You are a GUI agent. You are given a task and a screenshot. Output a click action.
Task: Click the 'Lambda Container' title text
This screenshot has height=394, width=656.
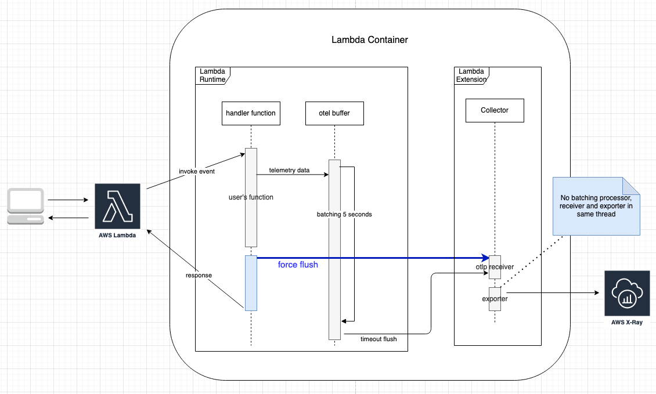tap(369, 40)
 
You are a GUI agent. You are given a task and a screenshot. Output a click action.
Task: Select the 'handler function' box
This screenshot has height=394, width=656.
tap(251, 113)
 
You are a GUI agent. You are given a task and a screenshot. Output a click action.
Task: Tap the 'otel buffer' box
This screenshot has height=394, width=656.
tap(335, 113)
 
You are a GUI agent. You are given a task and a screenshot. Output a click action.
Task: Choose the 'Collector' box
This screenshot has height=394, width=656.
tap(495, 110)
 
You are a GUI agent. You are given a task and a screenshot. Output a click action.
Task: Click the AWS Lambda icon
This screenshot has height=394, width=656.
tap(117, 207)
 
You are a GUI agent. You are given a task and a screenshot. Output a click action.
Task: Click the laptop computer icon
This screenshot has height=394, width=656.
tap(26, 207)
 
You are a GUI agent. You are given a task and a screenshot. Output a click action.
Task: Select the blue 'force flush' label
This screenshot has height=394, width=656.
tap(298, 265)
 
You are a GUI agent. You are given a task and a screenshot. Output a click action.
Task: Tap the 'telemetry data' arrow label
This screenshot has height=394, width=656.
tap(289, 171)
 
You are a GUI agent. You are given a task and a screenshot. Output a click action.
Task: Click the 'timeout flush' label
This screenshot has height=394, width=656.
tap(379, 339)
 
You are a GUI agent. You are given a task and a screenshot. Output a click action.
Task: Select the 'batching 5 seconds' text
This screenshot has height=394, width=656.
tap(344, 214)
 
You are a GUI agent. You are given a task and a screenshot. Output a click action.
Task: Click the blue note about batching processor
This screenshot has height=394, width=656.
tap(596, 206)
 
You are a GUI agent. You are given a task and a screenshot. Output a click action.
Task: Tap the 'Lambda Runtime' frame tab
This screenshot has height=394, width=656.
tap(212, 75)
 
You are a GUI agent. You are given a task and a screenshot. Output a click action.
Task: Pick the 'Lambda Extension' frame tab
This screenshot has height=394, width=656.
tap(471, 75)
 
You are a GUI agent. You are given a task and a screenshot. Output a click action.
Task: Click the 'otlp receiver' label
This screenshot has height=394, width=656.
tap(494, 266)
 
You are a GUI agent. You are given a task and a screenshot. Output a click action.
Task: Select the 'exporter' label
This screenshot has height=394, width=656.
tap(494, 299)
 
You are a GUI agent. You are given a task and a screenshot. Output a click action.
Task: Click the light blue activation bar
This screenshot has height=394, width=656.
tap(251, 283)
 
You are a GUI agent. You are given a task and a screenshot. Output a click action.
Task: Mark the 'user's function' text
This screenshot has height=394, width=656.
tap(251, 197)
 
